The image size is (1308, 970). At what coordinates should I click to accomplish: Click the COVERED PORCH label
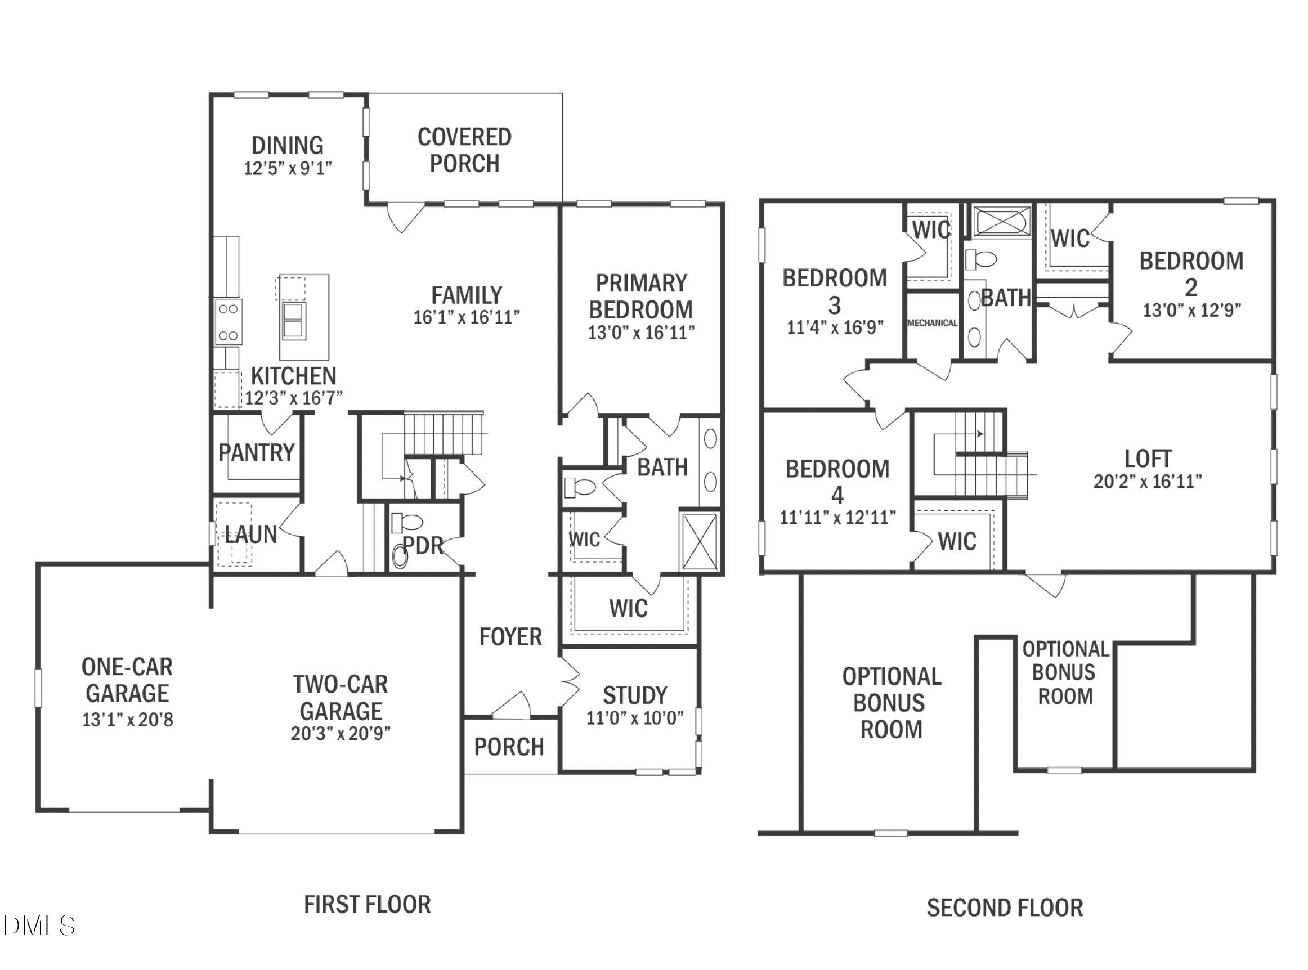(464, 150)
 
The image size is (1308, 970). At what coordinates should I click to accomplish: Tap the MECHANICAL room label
(932, 323)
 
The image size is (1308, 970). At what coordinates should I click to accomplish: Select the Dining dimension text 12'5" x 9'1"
(288, 169)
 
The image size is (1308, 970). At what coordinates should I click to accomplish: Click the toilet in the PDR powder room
(406, 522)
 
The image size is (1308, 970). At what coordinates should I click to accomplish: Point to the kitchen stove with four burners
(228, 322)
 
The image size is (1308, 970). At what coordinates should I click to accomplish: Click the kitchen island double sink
(294, 321)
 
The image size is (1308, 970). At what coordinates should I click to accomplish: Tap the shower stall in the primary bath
(700, 541)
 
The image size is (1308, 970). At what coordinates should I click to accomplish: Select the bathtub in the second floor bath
(1002, 221)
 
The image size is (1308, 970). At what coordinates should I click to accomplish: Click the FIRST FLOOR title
(367, 905)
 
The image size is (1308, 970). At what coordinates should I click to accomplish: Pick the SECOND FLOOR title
(1004, 908)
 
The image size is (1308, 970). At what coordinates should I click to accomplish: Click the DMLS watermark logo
(39, 926)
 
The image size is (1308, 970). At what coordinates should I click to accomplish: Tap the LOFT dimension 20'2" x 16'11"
(1147, 482)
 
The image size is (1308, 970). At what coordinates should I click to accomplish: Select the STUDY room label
(635, 695)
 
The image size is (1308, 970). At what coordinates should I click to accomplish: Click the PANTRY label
(257, 453)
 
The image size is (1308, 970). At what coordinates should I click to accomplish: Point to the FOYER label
(510, 637)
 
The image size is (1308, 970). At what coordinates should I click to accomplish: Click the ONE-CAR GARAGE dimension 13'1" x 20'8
(127, 720)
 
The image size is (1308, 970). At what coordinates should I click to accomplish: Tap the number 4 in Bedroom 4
(837, 496)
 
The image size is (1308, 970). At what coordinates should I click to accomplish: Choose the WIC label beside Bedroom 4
(957, 541)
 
